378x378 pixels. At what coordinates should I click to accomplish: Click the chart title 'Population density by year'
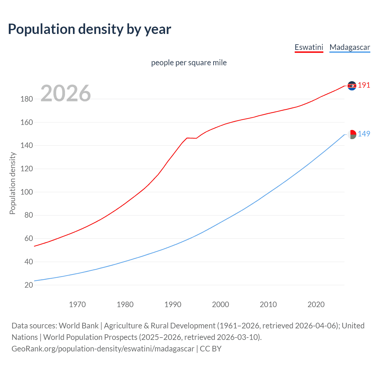(x=89, y=29)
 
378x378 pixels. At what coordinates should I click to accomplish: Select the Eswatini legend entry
(x=309, y=47)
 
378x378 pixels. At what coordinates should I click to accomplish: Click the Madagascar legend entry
(x=350, y=47)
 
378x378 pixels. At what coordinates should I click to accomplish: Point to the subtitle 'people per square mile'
(x=189, y=63)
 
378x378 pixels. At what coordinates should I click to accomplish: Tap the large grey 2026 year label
(x=66, y=93)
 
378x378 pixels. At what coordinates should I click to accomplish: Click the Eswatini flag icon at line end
(x=352, y=86)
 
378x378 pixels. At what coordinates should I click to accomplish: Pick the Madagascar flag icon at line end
(x=352, y=134)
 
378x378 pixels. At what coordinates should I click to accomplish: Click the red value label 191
(x=364, y=85)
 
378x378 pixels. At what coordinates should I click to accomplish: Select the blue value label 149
(x=364, y=134)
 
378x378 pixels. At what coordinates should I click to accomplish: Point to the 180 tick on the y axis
(x=27, y=99)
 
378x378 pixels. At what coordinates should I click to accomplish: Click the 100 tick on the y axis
(x=27, y=192)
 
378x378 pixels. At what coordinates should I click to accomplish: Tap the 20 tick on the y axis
(x=29, y=285)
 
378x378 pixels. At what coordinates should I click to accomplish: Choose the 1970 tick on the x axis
(x=77, y=304)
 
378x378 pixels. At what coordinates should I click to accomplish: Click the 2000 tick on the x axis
(x=221, y=304)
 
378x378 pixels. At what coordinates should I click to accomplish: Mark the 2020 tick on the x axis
(x=316, y=304)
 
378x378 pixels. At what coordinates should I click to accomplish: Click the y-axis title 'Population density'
(x=12, y=183)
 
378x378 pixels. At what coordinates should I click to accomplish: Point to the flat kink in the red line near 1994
(x=191, y=138)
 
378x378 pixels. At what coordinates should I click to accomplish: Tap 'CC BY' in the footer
(x=211, y=349)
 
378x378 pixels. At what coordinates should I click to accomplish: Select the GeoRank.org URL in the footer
(x=103, y=349)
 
